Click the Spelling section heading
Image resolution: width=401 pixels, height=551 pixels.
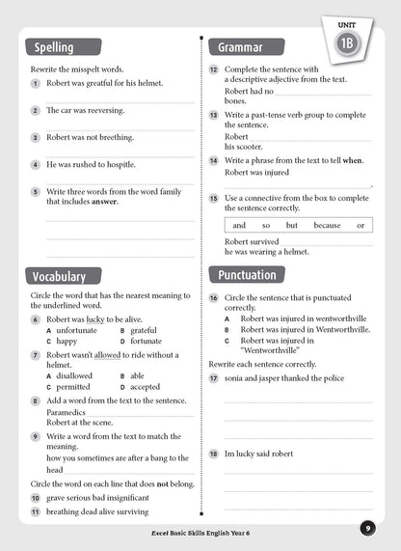point(54,47)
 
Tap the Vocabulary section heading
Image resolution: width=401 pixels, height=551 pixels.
point(60,276)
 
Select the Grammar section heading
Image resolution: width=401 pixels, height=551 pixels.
point(241,46)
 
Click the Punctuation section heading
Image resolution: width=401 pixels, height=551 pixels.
point(248,275)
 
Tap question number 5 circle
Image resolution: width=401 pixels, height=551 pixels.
point(35,192)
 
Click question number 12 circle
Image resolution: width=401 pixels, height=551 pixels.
point(213,69)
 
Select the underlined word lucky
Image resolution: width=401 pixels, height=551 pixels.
point(94,318)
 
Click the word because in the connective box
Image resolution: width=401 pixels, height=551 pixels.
point(327,225)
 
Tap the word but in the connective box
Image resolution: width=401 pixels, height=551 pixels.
point(291,225)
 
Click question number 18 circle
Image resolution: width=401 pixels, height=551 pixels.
point(213,453)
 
